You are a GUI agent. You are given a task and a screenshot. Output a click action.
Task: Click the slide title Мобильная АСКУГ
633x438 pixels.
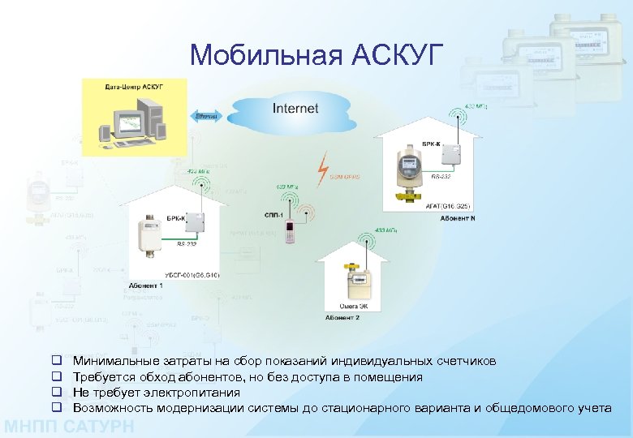tap(316, 54)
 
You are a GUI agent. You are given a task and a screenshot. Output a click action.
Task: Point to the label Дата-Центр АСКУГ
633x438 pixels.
tap(134, 86)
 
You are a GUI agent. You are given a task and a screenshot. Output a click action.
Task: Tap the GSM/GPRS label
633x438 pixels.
tap(345, 177)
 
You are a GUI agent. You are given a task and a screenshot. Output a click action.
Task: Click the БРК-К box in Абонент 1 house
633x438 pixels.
tap(199, 230)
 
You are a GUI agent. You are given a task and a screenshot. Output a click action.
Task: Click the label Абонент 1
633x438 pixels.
tap(145, 286)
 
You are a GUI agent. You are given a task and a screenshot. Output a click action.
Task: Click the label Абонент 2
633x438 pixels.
tap(342, 317)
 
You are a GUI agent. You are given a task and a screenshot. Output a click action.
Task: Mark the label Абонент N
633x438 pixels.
tap(458, 217)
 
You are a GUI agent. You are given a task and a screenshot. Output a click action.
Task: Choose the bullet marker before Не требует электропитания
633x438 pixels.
tap(58, 393)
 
